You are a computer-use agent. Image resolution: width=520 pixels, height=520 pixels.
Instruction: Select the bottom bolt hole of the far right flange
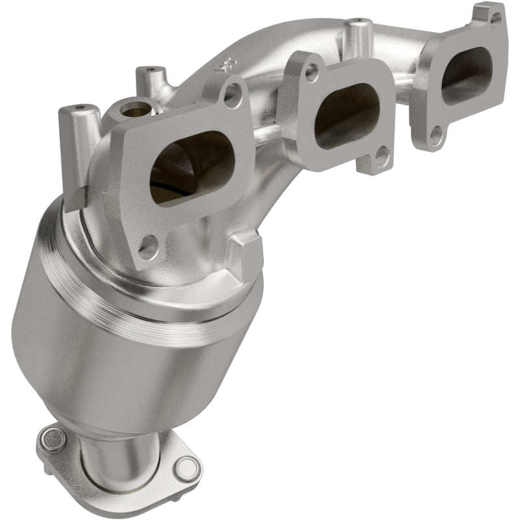coord(436,136)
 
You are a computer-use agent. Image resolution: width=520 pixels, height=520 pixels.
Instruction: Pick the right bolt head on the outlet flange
coord(187,469)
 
